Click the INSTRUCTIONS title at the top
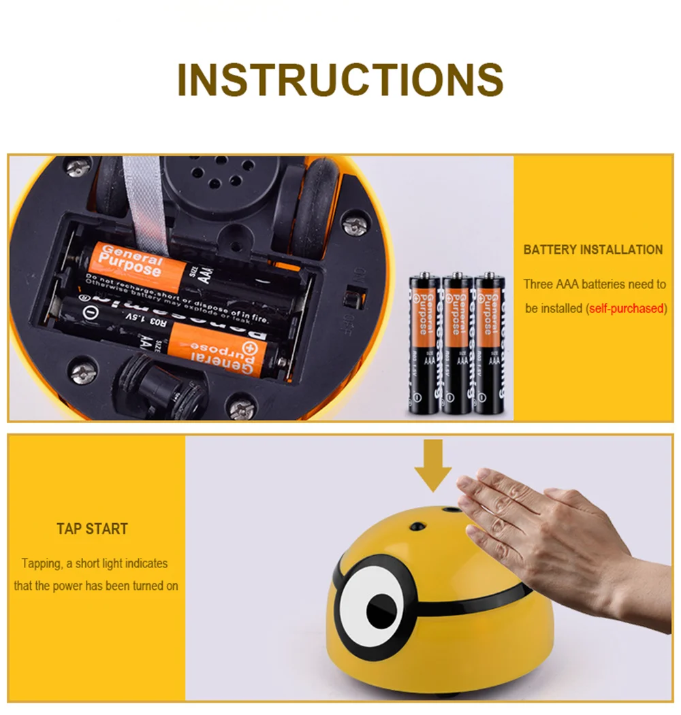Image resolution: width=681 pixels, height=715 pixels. [340, 80]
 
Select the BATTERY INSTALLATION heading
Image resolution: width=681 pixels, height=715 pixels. [592, 250]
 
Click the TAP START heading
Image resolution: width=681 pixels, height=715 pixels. [92, 529]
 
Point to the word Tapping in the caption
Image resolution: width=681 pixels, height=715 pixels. [42, 563]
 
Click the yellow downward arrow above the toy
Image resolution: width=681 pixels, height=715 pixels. [432, 467]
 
